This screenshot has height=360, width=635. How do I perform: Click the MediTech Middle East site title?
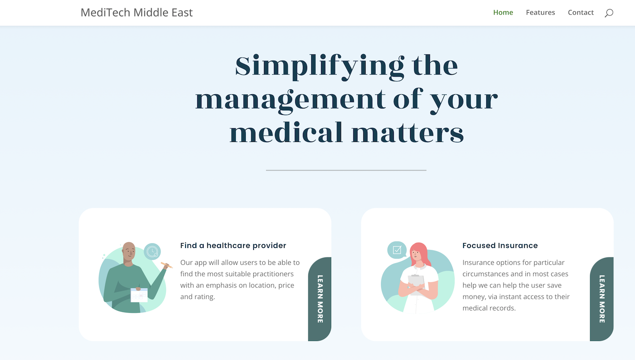(137, 13)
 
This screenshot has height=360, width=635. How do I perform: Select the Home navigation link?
(503, 13)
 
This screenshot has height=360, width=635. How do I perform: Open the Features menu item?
(540, 13)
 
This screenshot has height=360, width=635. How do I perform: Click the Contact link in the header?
(581, 13)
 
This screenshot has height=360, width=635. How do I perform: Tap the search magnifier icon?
(609, 13)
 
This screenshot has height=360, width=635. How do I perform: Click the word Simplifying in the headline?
(319, 67)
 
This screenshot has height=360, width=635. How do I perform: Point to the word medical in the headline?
(286, 132)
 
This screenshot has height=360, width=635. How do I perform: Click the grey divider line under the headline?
(346, 170)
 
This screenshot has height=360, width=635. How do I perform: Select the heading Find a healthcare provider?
(233, 245)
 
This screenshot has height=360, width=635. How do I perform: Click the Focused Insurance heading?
(500, 245)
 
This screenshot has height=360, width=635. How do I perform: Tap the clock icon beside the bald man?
(152, 252)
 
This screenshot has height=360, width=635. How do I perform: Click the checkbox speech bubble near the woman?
(396, 250)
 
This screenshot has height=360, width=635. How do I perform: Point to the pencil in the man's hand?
(167, 265)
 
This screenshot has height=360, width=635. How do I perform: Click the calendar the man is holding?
(139, 295)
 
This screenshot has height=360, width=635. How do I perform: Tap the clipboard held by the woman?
(417, 285)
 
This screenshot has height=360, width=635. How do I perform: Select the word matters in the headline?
(408, 133)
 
